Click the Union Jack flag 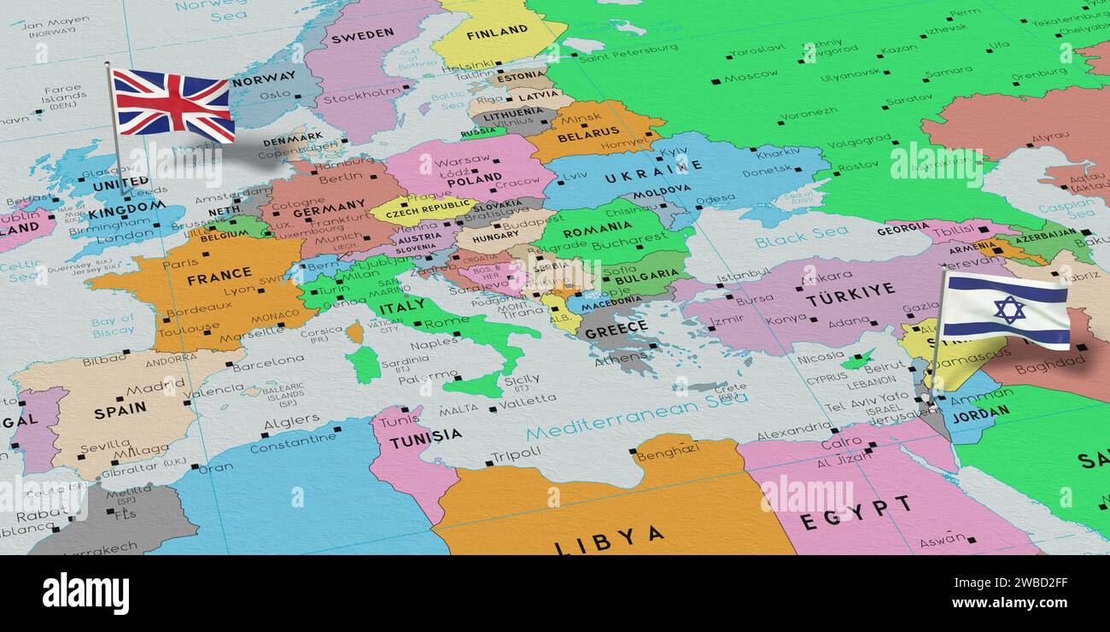pos(173,104)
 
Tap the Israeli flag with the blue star pos(1008,309)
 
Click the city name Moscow pos(751,77)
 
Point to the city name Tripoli pos(515,454)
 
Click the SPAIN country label pos(120,412)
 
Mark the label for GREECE pos(616,331)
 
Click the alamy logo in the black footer pos(86,594)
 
